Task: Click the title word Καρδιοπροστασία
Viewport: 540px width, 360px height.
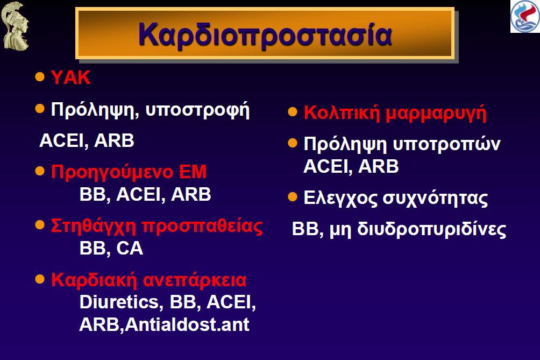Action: (265, 34)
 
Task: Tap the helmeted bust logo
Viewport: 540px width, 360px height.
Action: (15, 26)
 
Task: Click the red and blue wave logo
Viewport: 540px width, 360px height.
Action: (525, 17)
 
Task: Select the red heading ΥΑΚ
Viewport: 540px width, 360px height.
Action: (70, 77)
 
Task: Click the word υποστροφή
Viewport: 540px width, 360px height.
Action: (197, 111)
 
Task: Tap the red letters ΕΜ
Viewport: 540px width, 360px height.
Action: (193, 172)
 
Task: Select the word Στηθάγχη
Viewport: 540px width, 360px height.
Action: (94, 227)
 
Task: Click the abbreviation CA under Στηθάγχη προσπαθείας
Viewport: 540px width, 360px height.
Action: (130, 248)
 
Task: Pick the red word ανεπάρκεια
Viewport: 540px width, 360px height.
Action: (195, 280)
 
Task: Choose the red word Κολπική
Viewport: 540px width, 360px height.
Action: (342, 113)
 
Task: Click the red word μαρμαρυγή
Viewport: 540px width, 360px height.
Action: (436, 114)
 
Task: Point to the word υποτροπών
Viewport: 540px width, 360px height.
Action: (446, 144)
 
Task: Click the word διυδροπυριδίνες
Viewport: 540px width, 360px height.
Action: (431, 229)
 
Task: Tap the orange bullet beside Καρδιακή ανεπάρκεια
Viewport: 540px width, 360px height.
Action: (40, 279)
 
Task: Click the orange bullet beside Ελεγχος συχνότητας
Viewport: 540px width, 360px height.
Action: (293, 197)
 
